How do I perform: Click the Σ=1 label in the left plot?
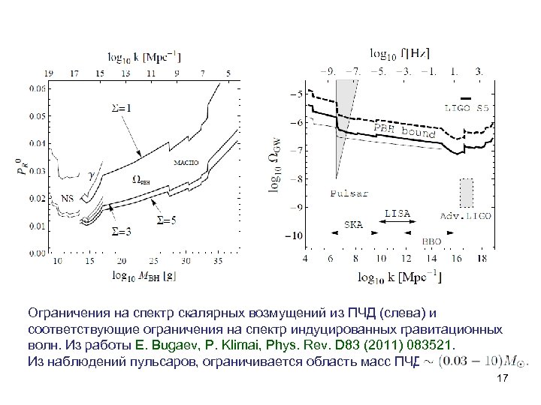click(x=120, y=108)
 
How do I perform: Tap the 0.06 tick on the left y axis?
click(x=35, y=88)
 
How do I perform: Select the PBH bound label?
click(x=406, y=130)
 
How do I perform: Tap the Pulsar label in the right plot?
click(x=349, y=193)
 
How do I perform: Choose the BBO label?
click(x=432, y=241)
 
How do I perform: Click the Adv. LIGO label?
click(x=466, y=216)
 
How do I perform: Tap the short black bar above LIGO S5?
click(x=467, y=98)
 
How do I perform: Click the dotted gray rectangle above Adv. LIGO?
click(x=467, y=192)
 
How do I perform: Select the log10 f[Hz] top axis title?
click(x=400, y=53)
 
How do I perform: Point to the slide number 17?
click(x=503, y=381)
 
